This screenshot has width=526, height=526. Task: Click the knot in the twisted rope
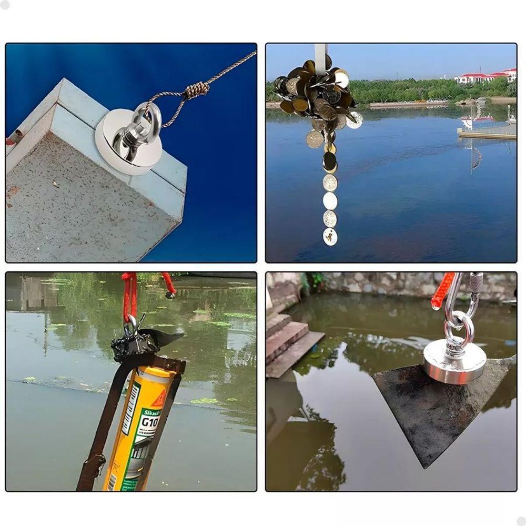(x=198, y=90)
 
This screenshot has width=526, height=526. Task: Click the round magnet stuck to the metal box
(x=122, y=145)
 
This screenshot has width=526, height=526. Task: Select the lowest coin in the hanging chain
(x=330, y=237)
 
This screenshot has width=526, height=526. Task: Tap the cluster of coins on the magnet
(x=316, y=97)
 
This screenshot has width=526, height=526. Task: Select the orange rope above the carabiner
(x=442, y=292)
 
